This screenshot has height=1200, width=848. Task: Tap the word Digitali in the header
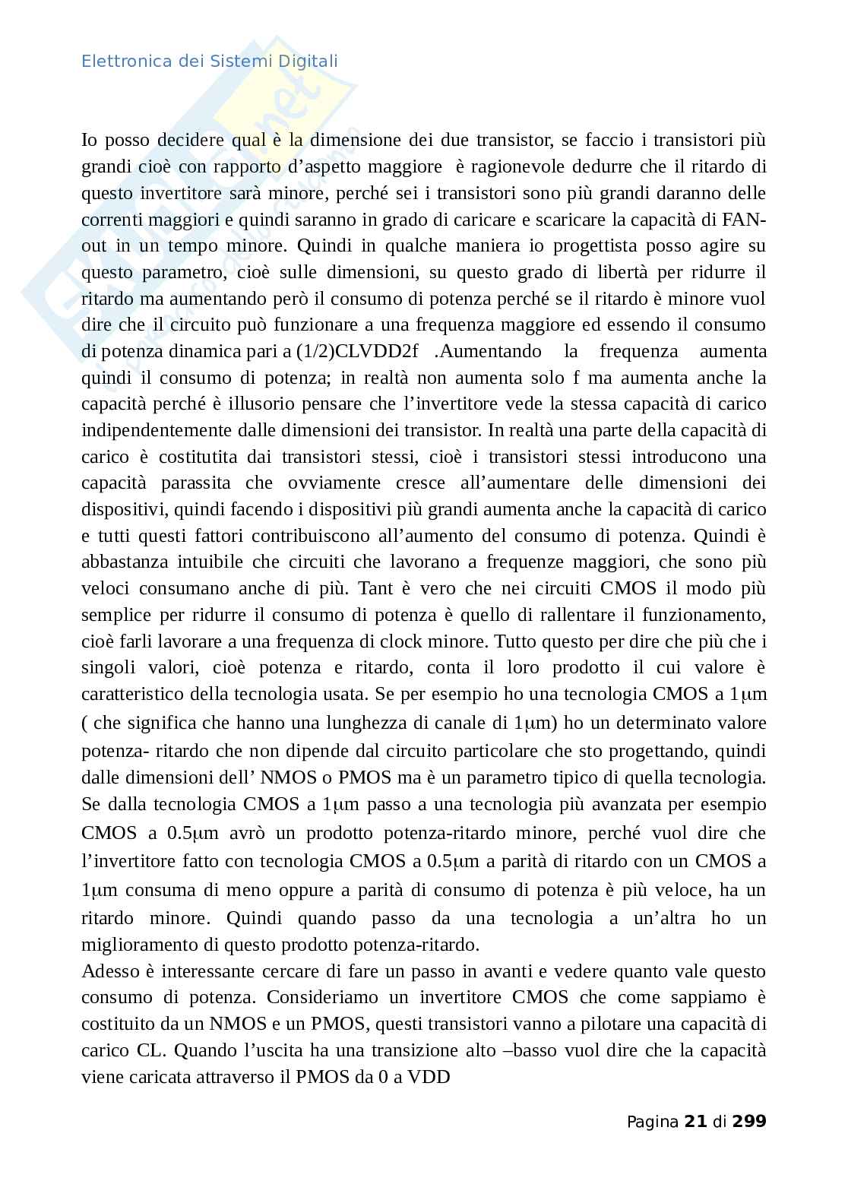click(308, 61)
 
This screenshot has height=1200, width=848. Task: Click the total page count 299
click(749, 1121)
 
